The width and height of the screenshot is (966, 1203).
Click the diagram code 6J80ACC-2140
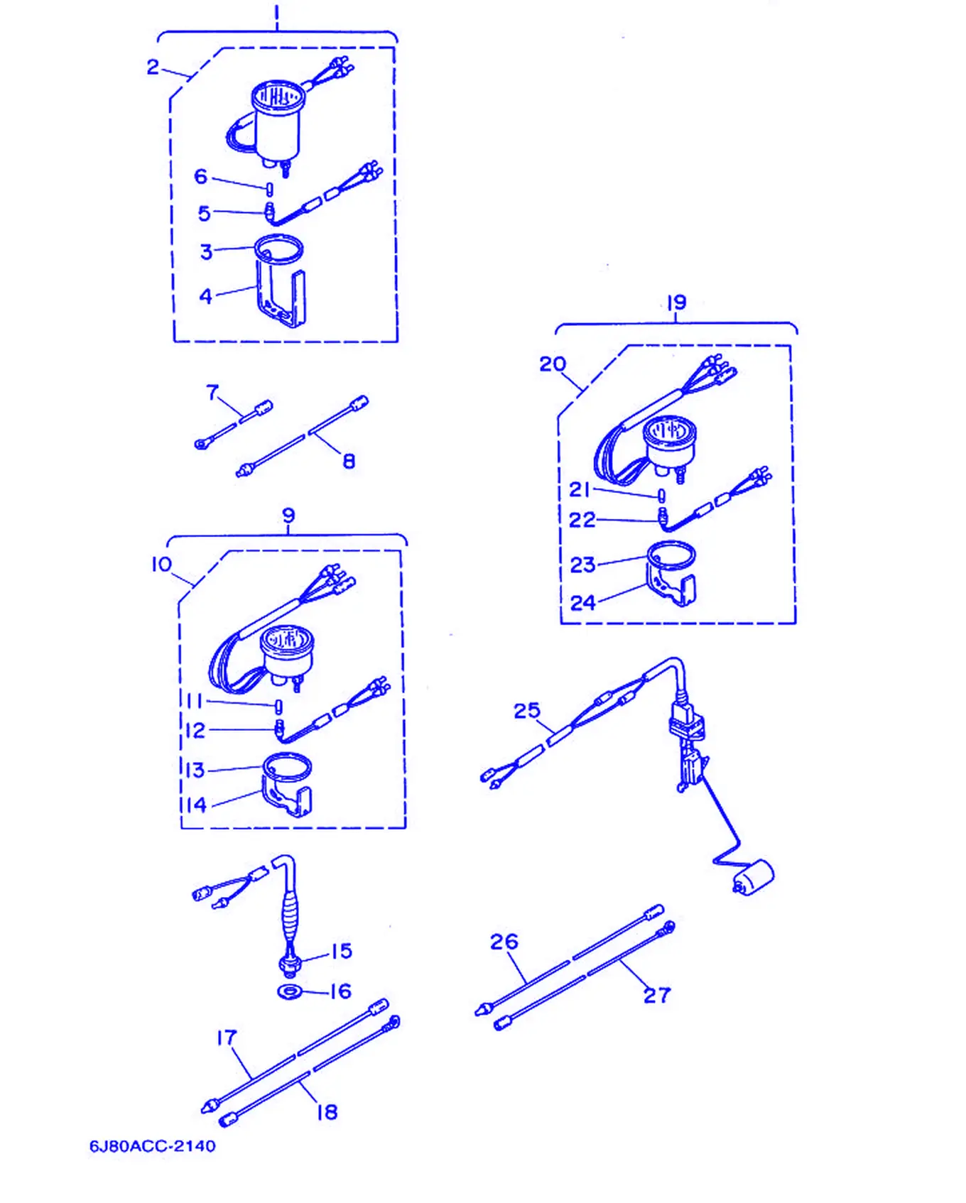pyautogui.click(x=152, y=1145)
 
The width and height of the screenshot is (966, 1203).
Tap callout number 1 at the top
pyautogui.click(x=276, y=15)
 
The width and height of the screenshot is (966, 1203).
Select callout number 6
pyautogui.click(x=201, y=176)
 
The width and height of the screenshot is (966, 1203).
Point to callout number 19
pyautogui.click(x=676, y=303)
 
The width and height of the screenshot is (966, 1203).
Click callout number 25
pyautogui.click(x=526, y=710)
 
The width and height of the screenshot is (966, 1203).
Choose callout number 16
pyautogui.click(x=342, y=991)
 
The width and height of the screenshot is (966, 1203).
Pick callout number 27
pyautogui.click(x=657, y=995)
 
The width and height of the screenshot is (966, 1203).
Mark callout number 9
pyautogui.click(x=288, y=515)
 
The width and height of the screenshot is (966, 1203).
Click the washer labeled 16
pyautogui.click(x=290, y=991)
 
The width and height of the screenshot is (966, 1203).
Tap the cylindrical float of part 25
pyautogui.click(x=754, y=876)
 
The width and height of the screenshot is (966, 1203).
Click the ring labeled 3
pyautogui.click(x=278, y=249)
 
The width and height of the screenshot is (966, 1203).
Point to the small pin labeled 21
pyautogui.click(x=661, y=495)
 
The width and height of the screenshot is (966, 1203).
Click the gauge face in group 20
pyautogui.click(x=669, y=431)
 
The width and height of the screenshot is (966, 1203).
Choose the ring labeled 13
pyautogui.click(x=287, y=767)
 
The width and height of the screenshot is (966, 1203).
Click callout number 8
pyautogui.click(x=349, y=461)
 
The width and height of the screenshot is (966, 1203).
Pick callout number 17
pyautogui.click(x=227, y=1038)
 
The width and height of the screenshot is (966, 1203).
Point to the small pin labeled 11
pyautogui.click(x=279, y=707)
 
